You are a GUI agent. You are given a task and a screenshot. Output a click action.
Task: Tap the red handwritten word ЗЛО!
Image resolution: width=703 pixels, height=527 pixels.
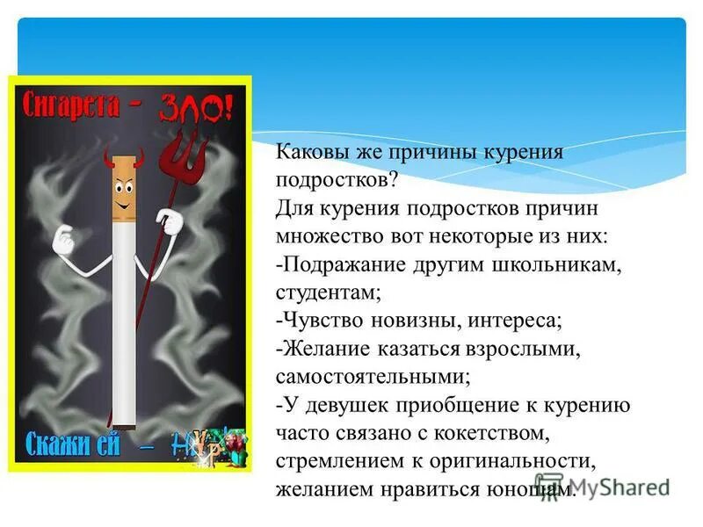click(196, 110)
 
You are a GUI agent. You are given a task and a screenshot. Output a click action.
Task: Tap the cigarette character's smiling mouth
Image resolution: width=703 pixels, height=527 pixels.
click(127, 208)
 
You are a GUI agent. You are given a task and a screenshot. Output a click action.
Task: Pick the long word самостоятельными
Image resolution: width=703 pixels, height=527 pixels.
click(373, 378)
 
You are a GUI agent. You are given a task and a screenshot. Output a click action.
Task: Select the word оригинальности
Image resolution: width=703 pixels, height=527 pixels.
click(502, 462)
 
